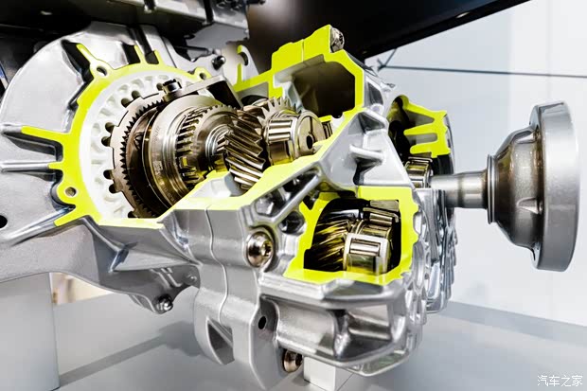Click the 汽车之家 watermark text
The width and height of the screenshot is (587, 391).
pos(560,381)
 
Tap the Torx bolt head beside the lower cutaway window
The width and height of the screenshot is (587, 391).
pos(259,246)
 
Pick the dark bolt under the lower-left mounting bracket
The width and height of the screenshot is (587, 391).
pos(164,303)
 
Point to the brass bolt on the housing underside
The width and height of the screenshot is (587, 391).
pos(292,361)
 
